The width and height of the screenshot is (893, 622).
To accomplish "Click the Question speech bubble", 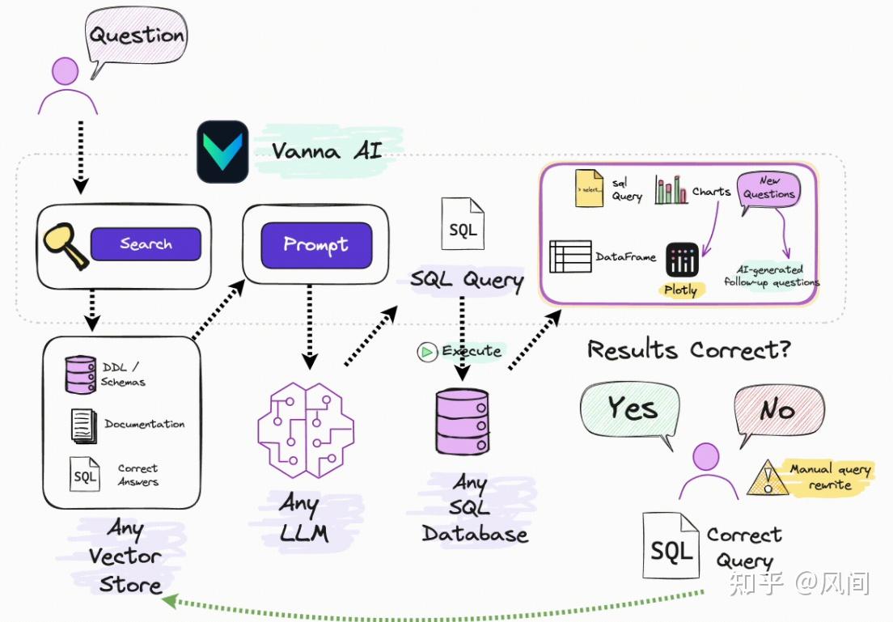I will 137,37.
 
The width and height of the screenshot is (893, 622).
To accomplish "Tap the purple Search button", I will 146,243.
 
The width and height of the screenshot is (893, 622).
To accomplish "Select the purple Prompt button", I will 315,244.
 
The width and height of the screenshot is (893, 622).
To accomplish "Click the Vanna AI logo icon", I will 222,151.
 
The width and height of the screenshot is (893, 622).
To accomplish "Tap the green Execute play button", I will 426,352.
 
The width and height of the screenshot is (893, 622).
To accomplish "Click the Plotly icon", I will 682,260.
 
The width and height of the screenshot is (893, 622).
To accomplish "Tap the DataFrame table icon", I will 570,256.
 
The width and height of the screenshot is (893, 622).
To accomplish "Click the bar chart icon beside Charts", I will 671,191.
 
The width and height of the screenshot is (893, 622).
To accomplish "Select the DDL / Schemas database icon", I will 80,374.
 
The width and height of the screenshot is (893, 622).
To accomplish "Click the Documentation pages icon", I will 84,425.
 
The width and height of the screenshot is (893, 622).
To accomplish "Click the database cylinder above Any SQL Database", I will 462,421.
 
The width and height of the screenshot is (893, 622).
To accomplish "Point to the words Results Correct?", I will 688,349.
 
